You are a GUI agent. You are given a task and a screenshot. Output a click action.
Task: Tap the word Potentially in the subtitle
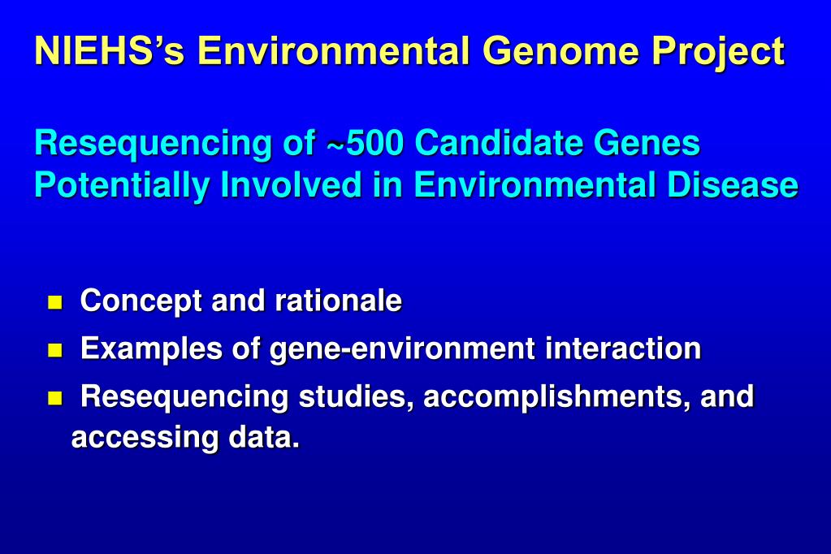tap(122, 186)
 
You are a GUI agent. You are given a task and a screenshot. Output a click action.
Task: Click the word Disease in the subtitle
tap(732, 185)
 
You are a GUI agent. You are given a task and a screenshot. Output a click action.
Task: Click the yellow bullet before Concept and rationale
tap(54, 304)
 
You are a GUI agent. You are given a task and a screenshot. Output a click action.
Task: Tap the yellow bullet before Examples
tap(54, 351)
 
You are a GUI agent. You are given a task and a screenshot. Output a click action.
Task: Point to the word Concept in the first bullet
tap(141, 302)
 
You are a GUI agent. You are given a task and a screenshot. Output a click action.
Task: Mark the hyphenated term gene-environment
tap(402, 350)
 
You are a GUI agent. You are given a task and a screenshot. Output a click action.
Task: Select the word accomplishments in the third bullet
tap(556, 398)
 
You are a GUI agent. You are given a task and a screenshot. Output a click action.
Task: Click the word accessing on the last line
tap(145, 439)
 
